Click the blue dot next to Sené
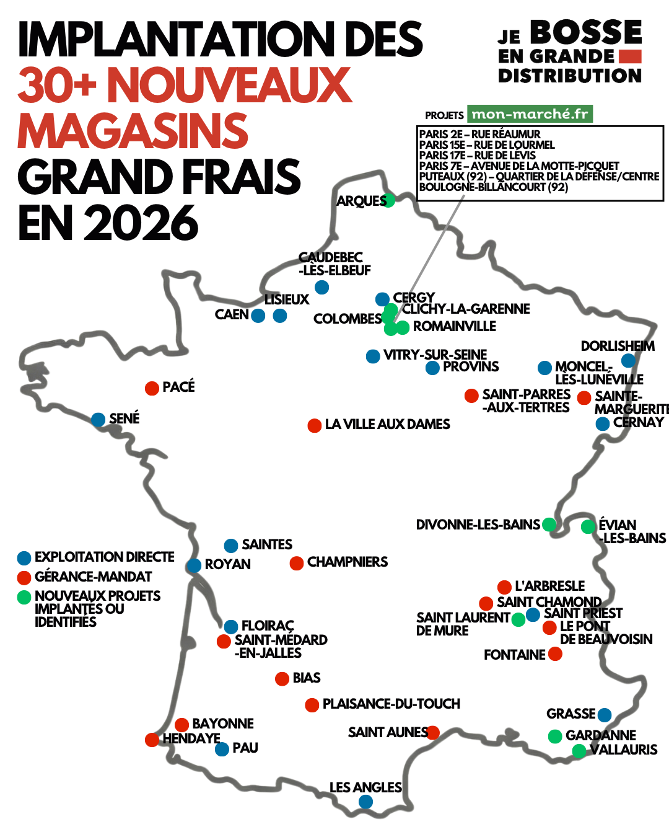coord(98,420)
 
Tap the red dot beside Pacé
coord(152,388)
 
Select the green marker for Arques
coord(388,200)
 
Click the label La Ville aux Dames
coord(387,425)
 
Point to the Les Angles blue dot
coord(366,802)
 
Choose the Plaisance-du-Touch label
coord(391,704)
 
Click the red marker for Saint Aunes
coord(432,733)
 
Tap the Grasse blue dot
coord(605,715)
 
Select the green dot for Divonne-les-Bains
coord(549,525)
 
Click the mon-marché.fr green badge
coord(530,114)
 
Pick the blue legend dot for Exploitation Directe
coord(24,558)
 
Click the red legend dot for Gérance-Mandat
coord(24,578)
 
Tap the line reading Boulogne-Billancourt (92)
coord(493,187)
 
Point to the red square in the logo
coord(630,56)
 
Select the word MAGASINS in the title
coord(133,131)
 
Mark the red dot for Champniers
coord(297,563)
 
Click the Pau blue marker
coord(222,749)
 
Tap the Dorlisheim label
coord(617,346)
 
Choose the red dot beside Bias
coord(282,679)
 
